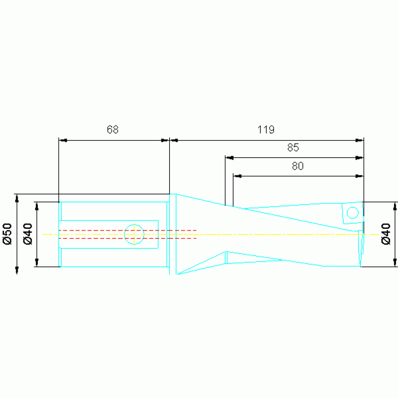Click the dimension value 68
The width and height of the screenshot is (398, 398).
(113, 130)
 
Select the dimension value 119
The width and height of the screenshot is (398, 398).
(266, 130)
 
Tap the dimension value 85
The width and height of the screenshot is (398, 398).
(293, 147)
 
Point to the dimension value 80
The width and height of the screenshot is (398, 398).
(298, 166)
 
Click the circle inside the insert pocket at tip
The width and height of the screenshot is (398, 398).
(353, 212)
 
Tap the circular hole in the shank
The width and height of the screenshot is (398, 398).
(134, 234)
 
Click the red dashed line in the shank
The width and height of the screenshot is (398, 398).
(127, 230)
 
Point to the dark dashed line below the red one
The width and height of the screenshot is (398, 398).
(127, 238)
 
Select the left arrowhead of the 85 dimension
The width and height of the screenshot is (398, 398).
(229, 157)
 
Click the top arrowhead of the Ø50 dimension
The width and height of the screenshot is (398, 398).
(17, 198)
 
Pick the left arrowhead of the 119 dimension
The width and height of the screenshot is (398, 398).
(174, 140)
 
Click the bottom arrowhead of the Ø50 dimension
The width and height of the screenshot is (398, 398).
(17, 270)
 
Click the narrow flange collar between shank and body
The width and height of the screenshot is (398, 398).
(173, 234)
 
